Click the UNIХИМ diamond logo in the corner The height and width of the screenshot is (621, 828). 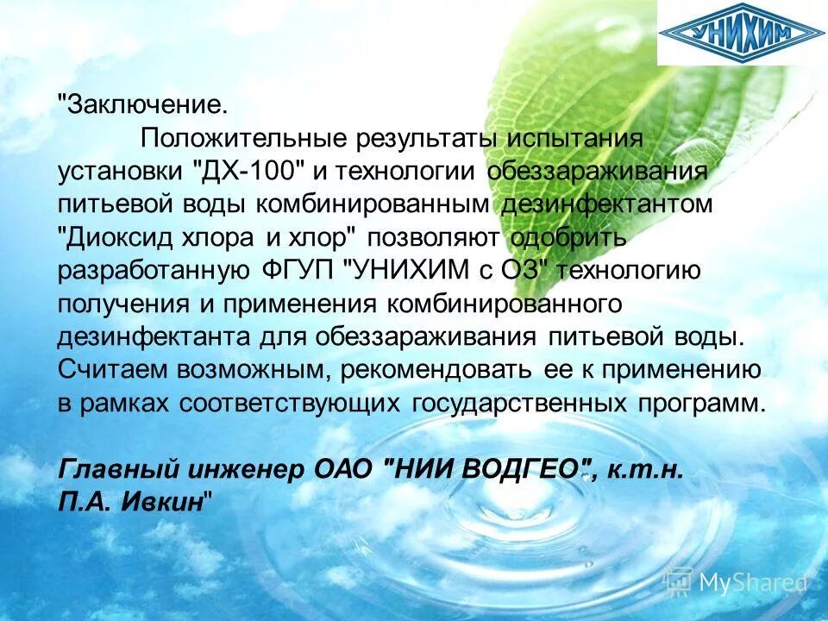point(742,34)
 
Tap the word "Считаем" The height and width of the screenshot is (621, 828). point(113,369)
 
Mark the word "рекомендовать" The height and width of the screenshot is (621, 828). point(436,369)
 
